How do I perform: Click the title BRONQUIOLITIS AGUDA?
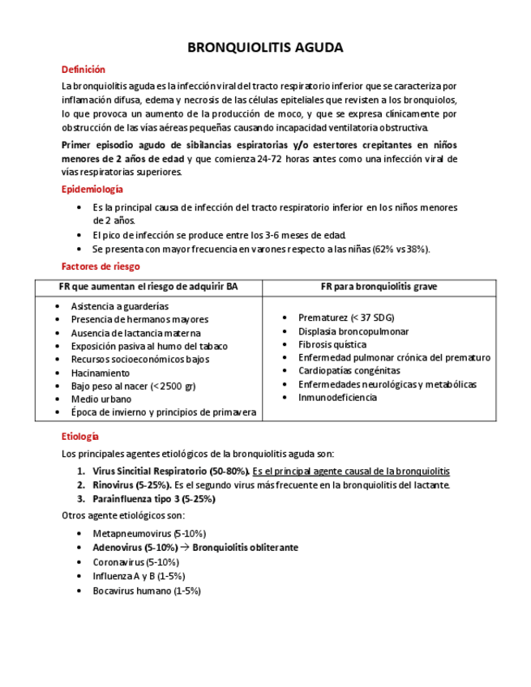pos(265,48)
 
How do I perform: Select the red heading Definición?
pos(84,70)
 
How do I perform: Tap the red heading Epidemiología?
pos(92,189)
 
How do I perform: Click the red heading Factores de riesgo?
pos(101,266)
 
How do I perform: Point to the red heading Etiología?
pos(80,436)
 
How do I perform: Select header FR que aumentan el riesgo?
pos(148,287)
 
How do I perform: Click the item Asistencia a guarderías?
pos(119,306)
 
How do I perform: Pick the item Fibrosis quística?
pos(332,344)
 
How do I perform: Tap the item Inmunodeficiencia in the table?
pos(337,397)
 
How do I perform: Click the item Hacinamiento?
pos(100,373)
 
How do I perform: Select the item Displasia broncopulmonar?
pos(353,331)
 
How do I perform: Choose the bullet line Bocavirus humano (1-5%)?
pos(146,591)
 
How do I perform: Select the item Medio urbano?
pos(101,399)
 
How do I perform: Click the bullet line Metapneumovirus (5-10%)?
pos(148,534)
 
